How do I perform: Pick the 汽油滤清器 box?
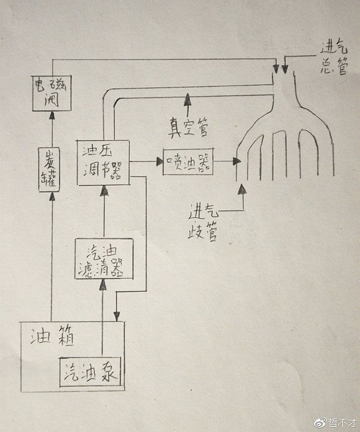click(x=104, y=258)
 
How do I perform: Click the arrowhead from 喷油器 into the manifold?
click(x=236, y=161)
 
